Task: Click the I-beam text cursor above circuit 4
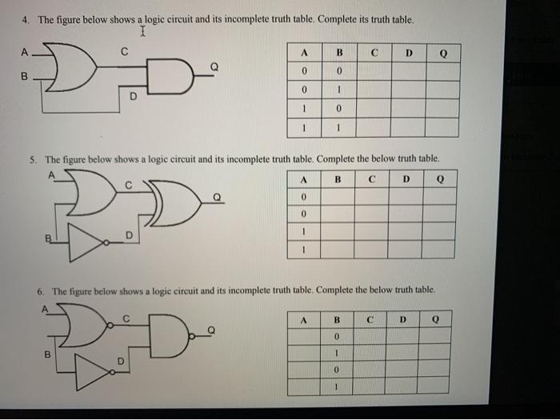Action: coord(142,33)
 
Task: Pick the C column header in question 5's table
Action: coord(372,179)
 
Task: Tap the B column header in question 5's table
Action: coord(338,179)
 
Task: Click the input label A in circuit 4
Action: coord(25,53)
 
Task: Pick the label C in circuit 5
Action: coord(127,185)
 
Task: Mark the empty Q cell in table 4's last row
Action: coord(442,128)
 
